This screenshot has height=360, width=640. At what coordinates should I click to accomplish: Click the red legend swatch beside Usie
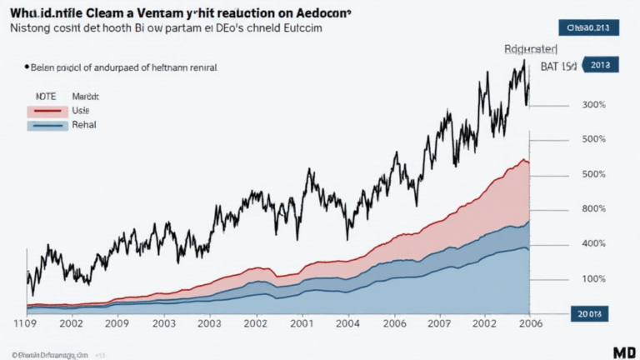pos(47,110)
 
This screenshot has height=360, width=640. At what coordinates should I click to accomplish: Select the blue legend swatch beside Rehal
pos(47,126)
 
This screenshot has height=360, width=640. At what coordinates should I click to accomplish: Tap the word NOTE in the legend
pos(45,95)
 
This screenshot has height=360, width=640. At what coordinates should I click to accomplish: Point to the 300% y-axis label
pos(593,105)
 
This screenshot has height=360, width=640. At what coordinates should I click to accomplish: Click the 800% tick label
pos(593,209)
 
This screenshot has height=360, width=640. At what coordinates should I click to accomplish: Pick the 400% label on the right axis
pos(593,243)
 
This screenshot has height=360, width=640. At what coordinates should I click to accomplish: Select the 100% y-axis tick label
pos(593,278)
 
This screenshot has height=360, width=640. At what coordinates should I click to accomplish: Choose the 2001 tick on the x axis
pos(302,322)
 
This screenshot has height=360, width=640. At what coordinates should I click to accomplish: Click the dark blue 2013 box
pos(598,64)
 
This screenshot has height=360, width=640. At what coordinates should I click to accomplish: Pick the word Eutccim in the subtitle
pos(297,28)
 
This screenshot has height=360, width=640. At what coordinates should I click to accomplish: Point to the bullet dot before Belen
pos(27,65)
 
